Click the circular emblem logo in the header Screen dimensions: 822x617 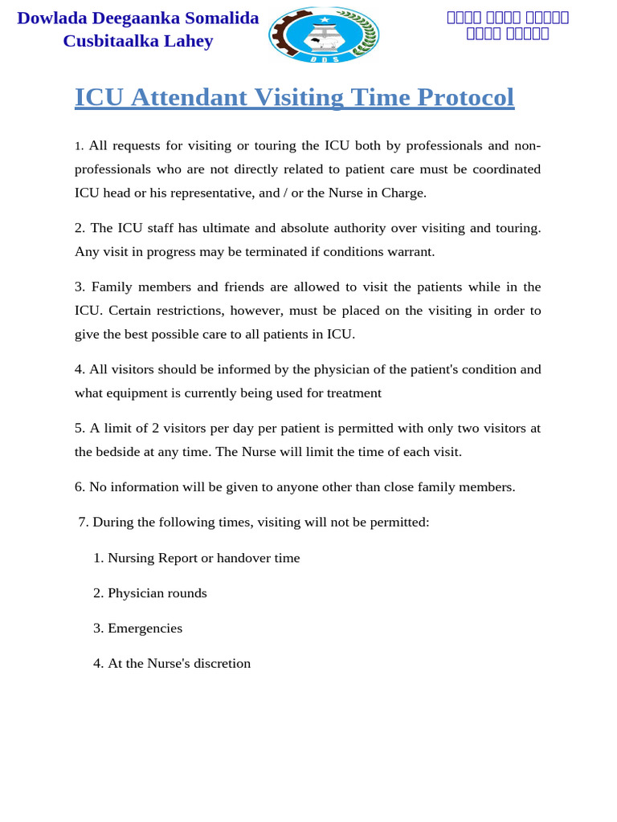click(x=324, y=35)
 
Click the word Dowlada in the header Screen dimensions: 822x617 click(x=52, y=18)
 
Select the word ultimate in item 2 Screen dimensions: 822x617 click(x=227, y=228)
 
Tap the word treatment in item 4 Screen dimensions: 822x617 click(x=352, y=393)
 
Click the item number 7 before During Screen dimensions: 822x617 click(x=83, y=523)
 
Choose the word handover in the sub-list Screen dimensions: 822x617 click(x=243, y=558)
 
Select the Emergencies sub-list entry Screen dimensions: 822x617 click(x=145, y=629)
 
